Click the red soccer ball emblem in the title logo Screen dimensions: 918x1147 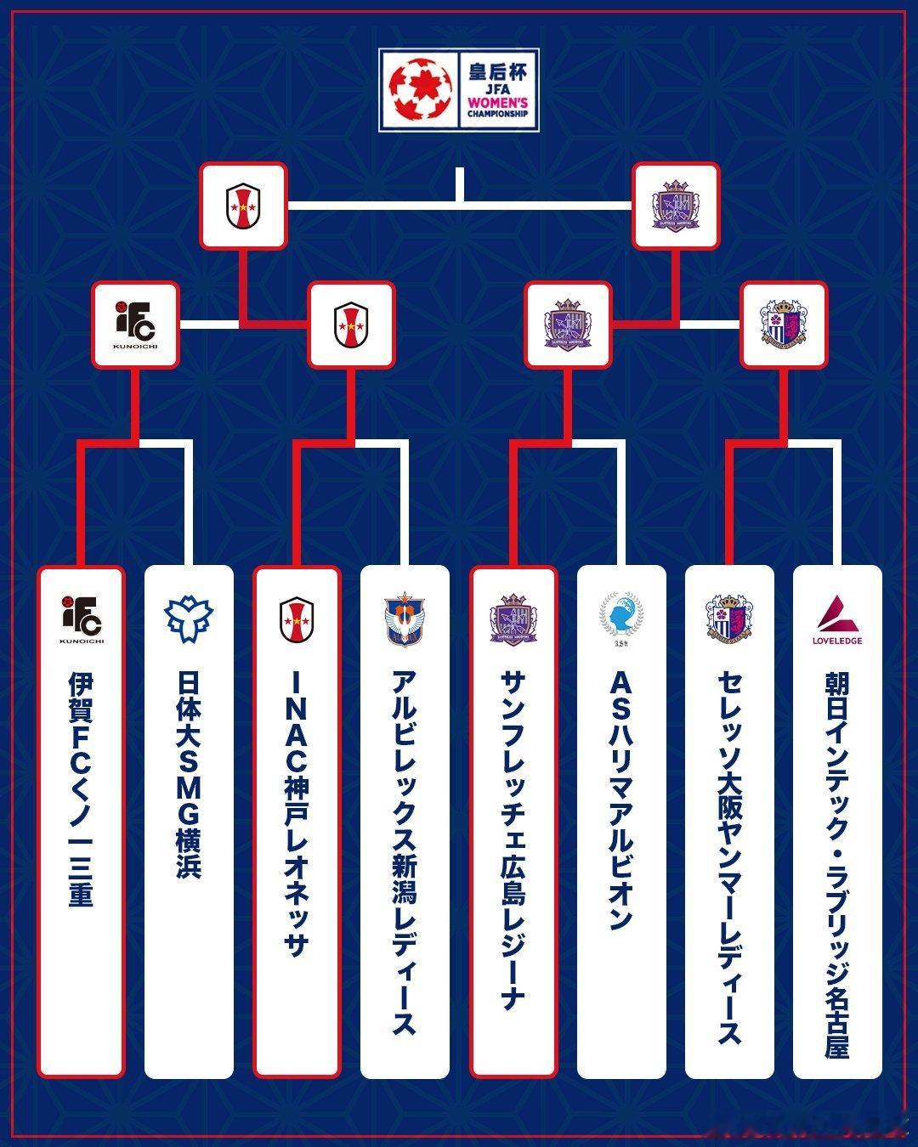coord(417,88)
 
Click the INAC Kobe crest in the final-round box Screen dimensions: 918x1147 coord(243,206)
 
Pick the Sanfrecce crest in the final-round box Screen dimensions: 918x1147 coord(677,206)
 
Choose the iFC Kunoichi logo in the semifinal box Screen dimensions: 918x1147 coord(135,325)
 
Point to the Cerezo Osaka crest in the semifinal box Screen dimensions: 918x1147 coord(784,325)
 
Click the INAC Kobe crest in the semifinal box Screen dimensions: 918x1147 coord(351,325)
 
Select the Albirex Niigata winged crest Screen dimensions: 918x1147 coord(405,619)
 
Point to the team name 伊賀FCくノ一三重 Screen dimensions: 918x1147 coord(81,790)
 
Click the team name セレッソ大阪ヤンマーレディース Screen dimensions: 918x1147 coord(729,858)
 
